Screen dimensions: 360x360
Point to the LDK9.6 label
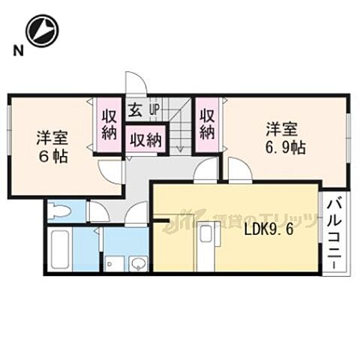(x=267, y=230)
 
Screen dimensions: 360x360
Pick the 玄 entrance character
(x=135, y=111)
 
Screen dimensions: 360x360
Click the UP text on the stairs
(x=154, y=111)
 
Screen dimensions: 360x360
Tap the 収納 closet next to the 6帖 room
(x=109, y=124)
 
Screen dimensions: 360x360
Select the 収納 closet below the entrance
(x=145, y=139)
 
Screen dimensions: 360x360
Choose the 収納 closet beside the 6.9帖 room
(x=208, y=124)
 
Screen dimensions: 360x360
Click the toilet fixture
(x=59, y=212)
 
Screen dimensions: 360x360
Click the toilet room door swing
(x=97, y=213)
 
